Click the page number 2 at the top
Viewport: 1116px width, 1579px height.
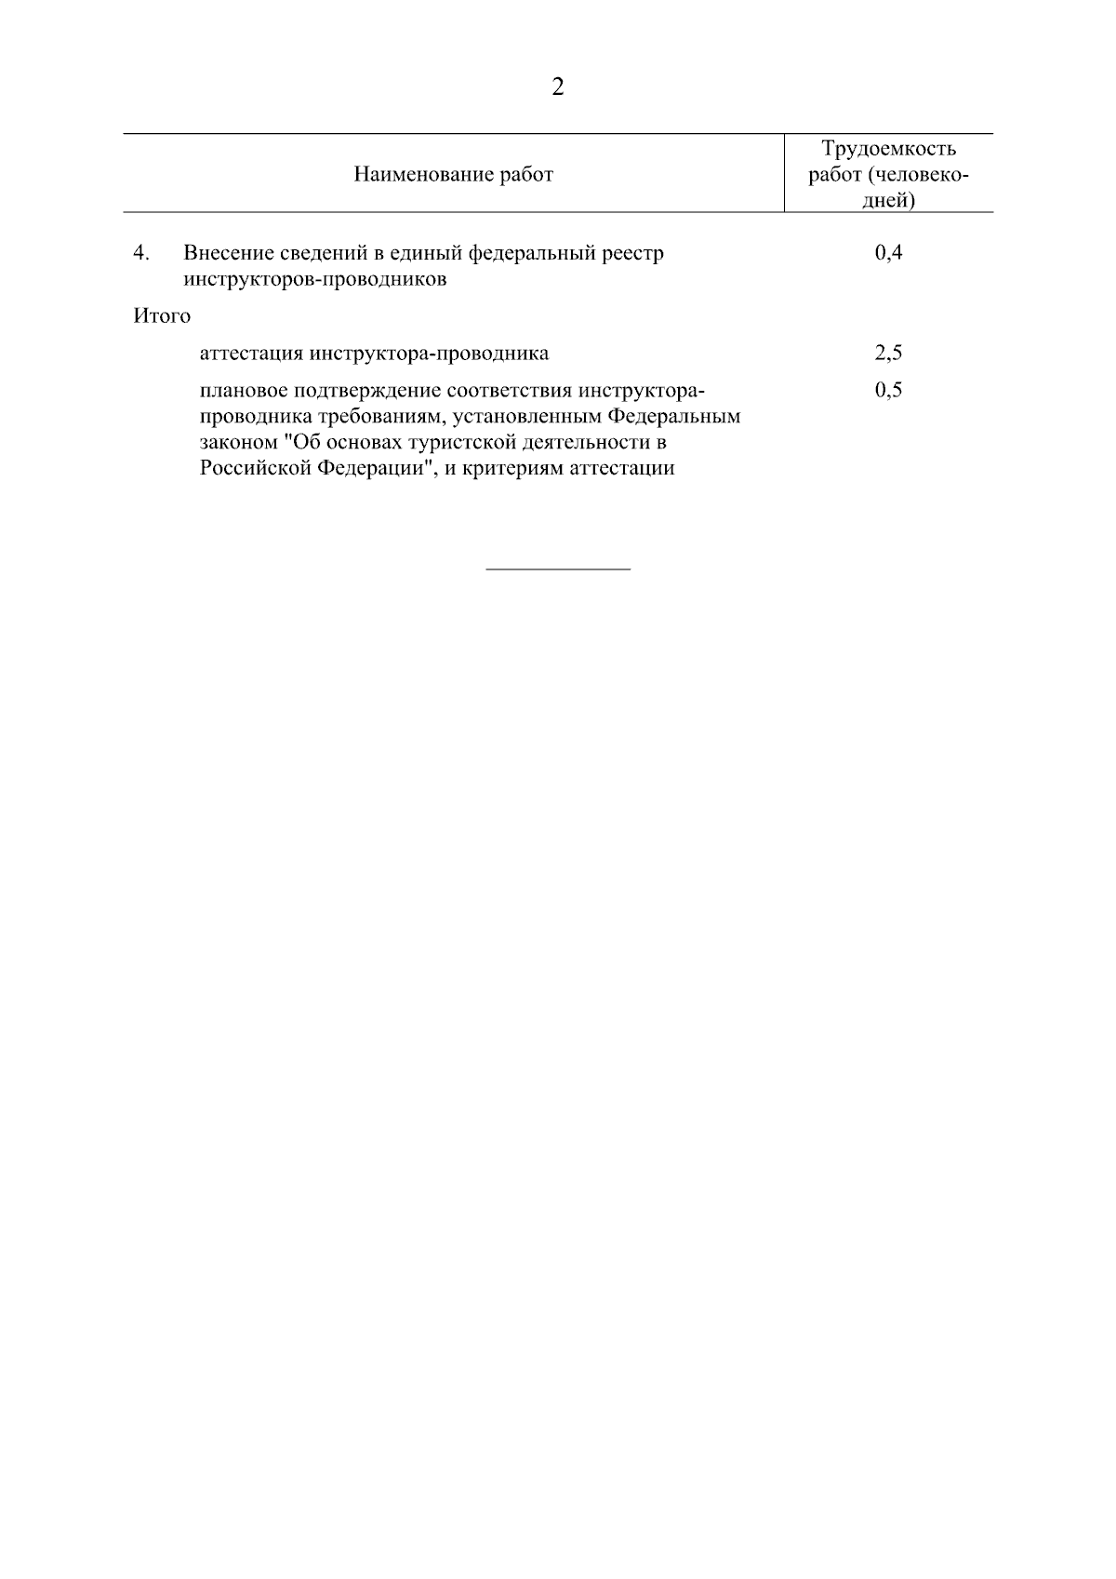coord(558,87)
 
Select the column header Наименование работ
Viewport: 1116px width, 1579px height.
coord(453,174)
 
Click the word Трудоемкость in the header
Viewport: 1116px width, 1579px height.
coord(888,149)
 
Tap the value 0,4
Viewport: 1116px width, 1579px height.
coord(888,253)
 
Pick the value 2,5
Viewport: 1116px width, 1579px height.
coord(888,353)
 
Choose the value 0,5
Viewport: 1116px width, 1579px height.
coord(888,390)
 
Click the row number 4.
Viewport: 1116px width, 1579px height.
coord(140,253)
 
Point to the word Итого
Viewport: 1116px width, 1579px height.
coord(162,316)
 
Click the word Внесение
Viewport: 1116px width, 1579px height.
coord(228,253)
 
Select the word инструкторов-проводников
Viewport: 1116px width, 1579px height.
coord(314,279)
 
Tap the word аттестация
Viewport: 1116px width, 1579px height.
coord(252,354)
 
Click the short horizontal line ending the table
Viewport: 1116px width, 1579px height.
coord(558,569)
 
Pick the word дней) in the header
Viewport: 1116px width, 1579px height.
coord(888,200)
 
